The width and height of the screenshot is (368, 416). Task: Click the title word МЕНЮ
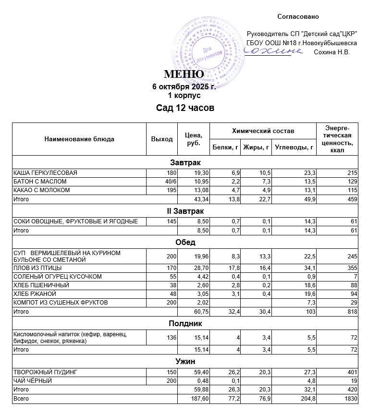pyautogui.click(x=184, y=74)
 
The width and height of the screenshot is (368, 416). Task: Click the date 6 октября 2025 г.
pyautogui.click(x=184, y=87)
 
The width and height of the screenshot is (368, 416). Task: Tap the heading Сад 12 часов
pyautogui.click(x=185, y=108)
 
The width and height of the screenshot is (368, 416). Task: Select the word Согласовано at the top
pyautogui.click(x=298, y=17)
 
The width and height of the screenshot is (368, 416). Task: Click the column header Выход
pyautogui.click(x=162, y=139)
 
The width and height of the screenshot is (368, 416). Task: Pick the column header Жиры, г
pyautogui.click(x=256, y=147)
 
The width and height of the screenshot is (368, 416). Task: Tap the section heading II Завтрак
pyautogui.click(x=185, y=211)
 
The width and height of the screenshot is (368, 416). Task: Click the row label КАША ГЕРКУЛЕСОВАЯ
pyautogui.click(x=46, y=173)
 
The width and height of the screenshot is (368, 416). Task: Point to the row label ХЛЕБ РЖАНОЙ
pyautogui.click(x=35, y=294)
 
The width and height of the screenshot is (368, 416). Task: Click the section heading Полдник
pyautogui.click(x=185, y=324)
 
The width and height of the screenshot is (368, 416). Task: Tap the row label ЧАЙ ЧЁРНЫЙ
pyautogui.click(x=34, y=381)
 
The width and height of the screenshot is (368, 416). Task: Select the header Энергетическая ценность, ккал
pyautogui.click(x=337, y=139)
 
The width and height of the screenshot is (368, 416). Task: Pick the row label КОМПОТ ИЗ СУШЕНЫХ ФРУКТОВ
pyautogui.click(x=61, y=303)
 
